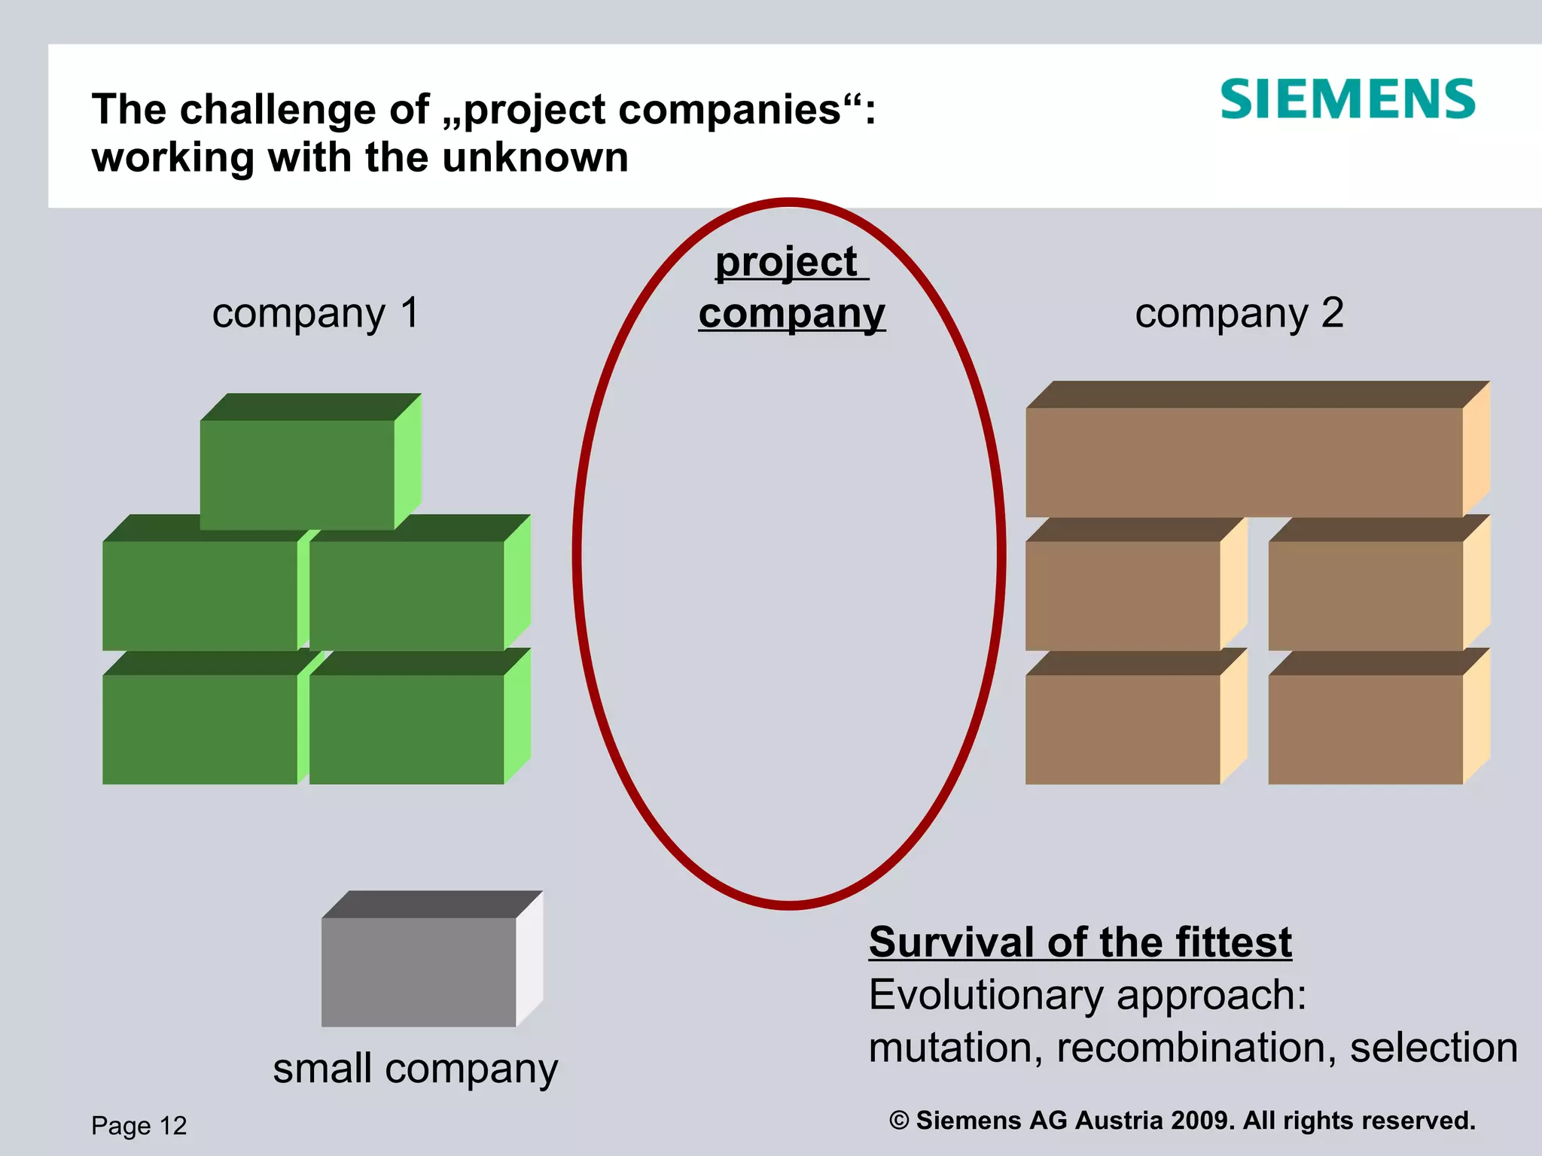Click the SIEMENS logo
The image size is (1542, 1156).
[x=1347, y=99]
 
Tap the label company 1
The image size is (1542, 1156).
[x=315, y=313]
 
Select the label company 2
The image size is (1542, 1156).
[x=1239, y=313]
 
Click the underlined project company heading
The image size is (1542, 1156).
[x=791, y=287]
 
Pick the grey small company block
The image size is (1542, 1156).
[x=419, y=971]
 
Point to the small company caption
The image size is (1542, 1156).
[x=415, y=1069]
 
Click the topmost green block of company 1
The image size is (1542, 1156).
[x=297, y=474]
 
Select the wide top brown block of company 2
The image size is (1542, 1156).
[x=1244, y=461]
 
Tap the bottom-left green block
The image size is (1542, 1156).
[x=200, y=729]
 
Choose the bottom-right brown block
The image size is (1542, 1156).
[x=1365, y=729]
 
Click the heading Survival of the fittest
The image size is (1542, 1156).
[x=1080, y=942]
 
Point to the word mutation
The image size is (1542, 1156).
[x=955, y=1048]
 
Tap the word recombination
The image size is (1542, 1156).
[x=1196, y=1048]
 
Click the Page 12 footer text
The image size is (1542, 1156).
[x=139, y=1126]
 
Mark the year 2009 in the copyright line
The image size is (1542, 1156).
[x=1202, y=1121]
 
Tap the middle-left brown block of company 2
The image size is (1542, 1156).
[x=1122, y=595]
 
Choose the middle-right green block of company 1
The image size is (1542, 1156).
[x=407, y=595]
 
